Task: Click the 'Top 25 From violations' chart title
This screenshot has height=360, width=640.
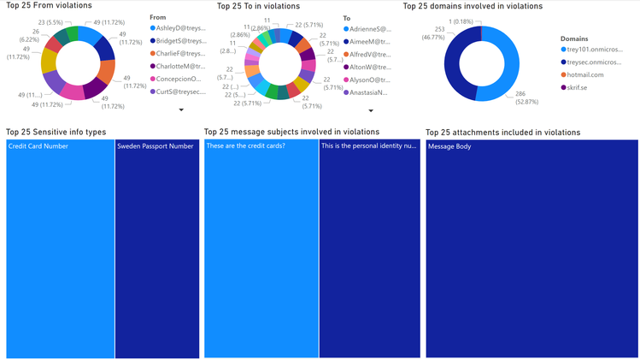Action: [49, 6]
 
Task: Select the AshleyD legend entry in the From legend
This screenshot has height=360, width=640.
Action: [180, 28]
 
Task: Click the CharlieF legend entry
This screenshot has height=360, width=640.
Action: [180, 53]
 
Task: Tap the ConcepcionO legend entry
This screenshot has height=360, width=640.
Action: [180, 78]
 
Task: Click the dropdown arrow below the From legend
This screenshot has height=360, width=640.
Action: [181, 109]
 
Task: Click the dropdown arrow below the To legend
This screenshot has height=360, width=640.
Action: [371, 109]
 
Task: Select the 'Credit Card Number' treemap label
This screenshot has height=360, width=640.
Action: [38, 146]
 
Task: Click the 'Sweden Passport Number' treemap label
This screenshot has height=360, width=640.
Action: [156, 146]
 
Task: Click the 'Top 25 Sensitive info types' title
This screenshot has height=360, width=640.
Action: [56, 133]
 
